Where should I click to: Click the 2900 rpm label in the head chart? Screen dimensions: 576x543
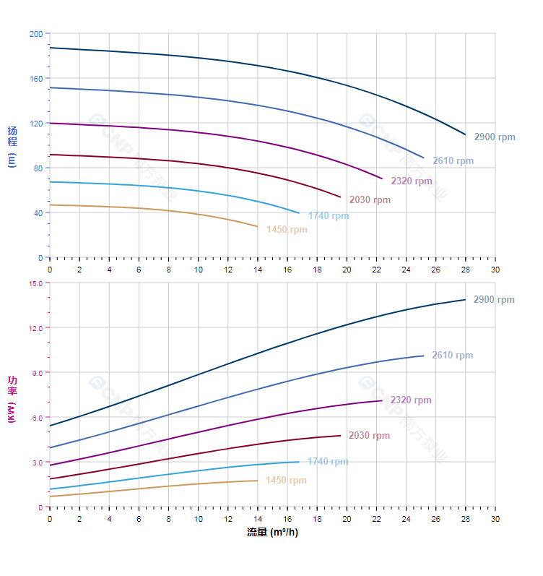tap(495, 137)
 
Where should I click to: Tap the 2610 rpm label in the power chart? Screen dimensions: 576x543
tap(452, 356)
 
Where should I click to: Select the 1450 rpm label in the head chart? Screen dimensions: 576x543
tap(287, 230)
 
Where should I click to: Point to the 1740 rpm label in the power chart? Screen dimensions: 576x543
tap(328, 462)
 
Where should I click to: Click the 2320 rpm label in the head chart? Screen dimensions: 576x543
tap(412, 181)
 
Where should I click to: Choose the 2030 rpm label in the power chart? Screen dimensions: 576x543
tap(369, 436)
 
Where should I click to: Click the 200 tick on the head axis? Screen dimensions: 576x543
tap(36, 34)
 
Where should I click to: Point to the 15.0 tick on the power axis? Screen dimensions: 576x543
tap(35, 283)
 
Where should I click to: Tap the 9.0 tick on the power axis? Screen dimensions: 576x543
tap(38, 373)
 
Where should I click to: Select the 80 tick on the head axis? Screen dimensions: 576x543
tap(38, 168)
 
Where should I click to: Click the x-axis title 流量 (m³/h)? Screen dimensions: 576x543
tap(272, 533)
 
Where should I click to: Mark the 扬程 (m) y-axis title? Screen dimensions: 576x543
tap(12, 146)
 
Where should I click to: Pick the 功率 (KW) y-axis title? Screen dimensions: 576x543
tap(12, 399)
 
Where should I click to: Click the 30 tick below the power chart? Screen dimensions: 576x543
tap(495, 519)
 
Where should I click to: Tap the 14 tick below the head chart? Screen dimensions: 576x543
tap(258, 270)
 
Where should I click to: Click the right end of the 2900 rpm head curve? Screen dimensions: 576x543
tap(465, 134)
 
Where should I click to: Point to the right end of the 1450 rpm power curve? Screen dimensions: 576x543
tap(257, 481)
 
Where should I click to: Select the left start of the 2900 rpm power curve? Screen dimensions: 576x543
tap(50, 426)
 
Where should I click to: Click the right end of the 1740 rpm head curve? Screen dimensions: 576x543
tap(299, 212)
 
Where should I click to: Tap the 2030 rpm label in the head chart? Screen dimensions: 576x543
tap(370, 200)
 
